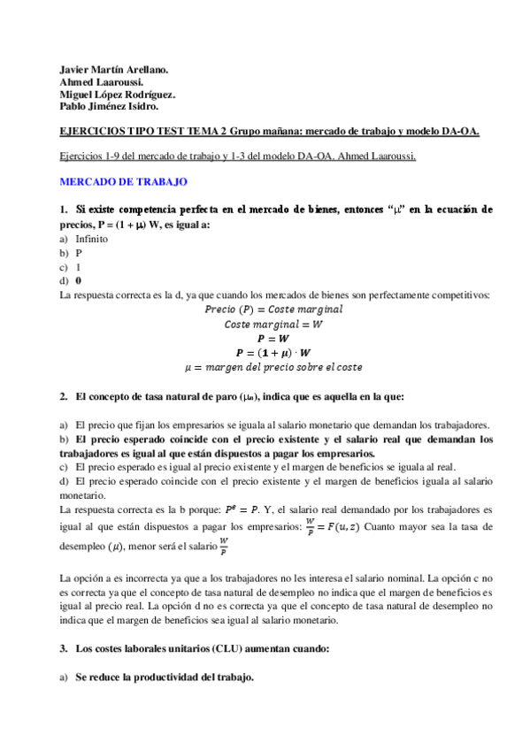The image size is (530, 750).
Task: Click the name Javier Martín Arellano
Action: pyautogui.click(x=112, y=68)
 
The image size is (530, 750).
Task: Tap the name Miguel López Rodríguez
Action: pyautogui.click(x=116, y=94)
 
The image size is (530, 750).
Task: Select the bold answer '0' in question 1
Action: pyautogui.click(x=79, y=280)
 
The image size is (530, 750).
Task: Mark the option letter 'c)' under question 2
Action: pyautogui.click(x=63, y=468)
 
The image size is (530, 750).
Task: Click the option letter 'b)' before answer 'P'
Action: pyautogui.click(x=63, y=252)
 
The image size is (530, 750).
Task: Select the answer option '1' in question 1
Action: pyautogui.click(x=79, y=266)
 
